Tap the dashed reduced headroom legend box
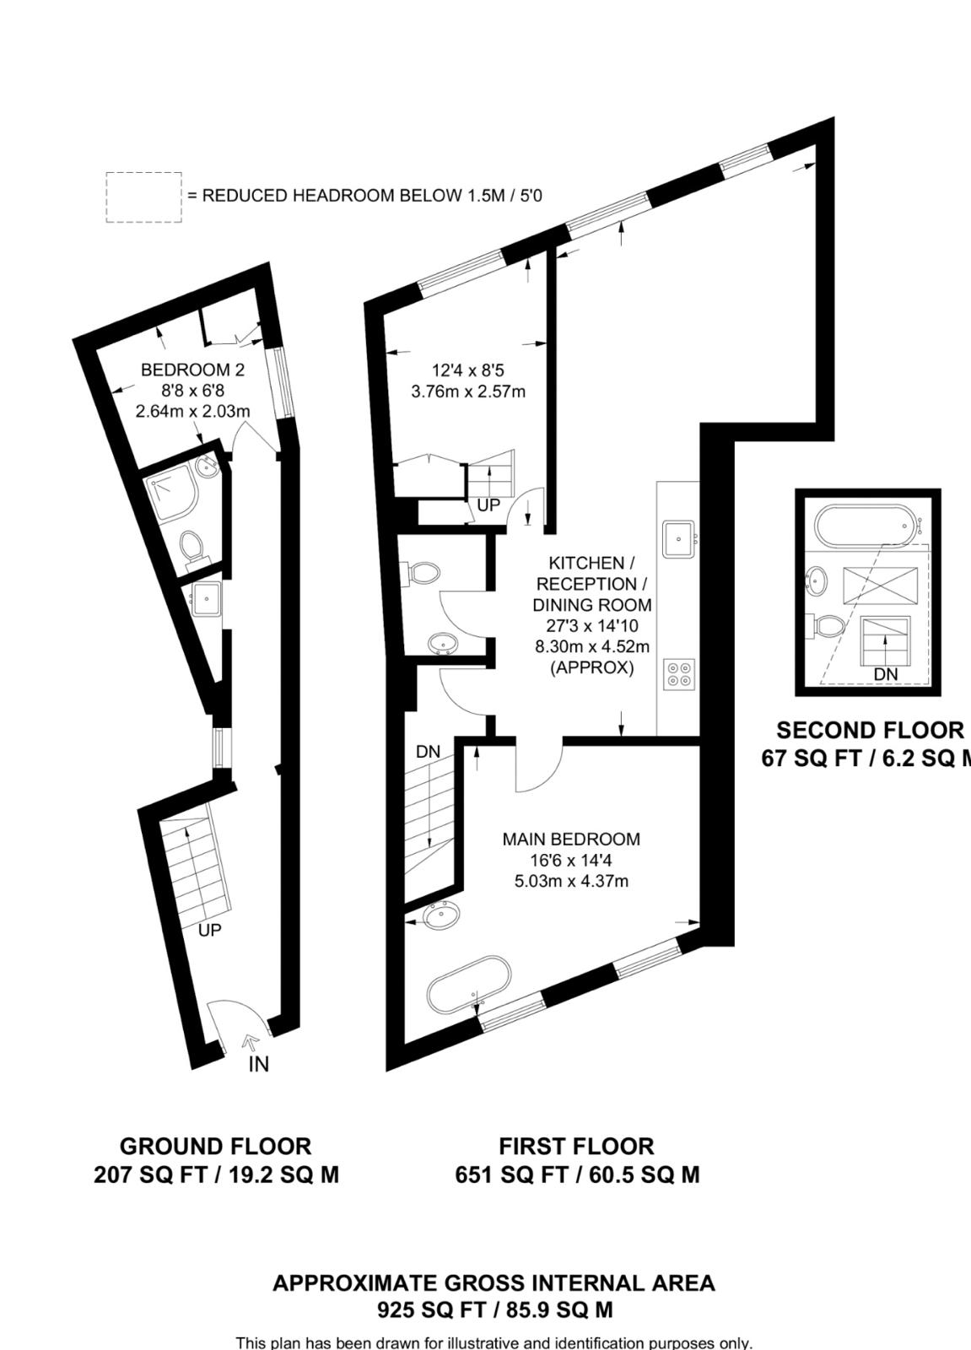[143, 197]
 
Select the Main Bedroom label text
[571, 840]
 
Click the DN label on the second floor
[885, 674]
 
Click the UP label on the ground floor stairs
[209, 931]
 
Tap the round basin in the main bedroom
[441, 915]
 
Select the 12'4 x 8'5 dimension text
[467, 370]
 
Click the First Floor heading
[576, 1147]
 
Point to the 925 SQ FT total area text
[494, 1310]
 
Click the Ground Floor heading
[215, 1147]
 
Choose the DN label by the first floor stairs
[428, 751]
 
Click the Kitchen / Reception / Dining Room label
[591, 584]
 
